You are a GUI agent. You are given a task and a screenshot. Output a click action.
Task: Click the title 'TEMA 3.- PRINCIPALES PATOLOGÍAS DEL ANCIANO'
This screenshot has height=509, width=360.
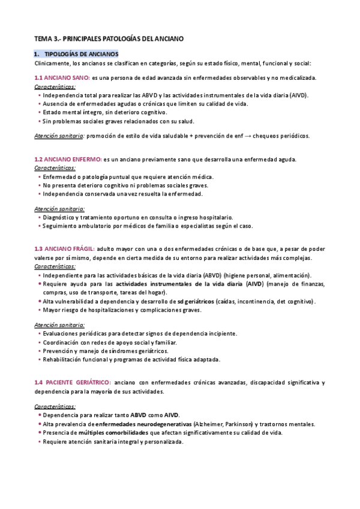(x=109, y=38)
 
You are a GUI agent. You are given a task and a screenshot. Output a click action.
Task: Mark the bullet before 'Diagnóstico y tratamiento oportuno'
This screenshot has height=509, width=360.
(x=39, y=217)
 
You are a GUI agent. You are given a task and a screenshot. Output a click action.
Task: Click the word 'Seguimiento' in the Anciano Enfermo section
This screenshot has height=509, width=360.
(x=61, y=226)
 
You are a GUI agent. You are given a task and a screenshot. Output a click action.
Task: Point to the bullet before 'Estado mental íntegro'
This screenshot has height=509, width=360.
(x=39, y=112)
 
